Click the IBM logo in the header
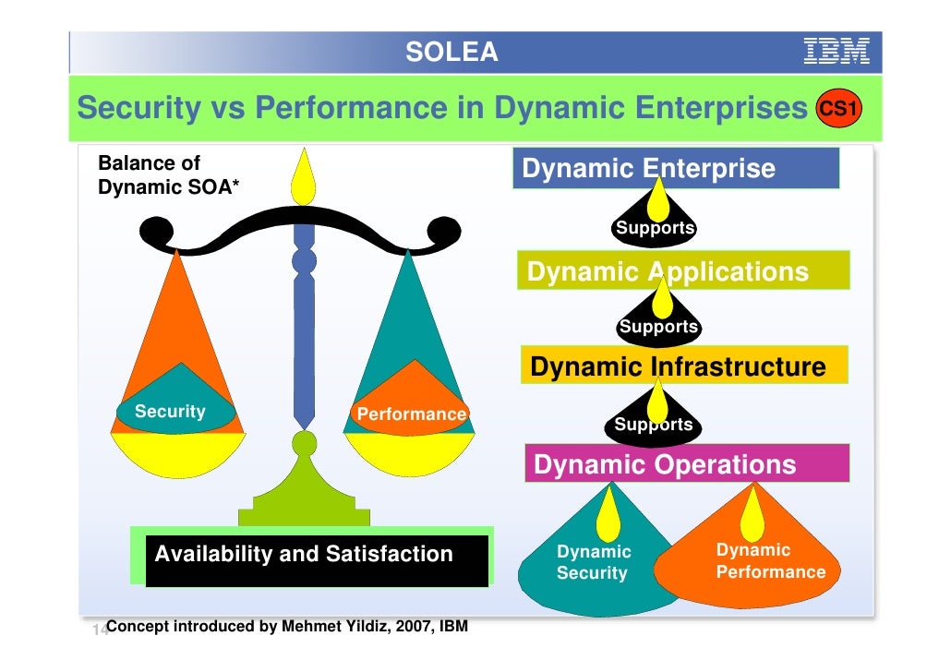837,51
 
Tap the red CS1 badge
840,110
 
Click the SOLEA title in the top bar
451,53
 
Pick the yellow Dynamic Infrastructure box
683,366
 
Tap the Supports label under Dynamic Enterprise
656,228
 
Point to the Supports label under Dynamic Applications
658,327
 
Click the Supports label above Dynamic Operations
654,425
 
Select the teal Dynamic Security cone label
594,562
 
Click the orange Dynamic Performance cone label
770,561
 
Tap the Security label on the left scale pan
171,412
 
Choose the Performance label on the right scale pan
411,414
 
